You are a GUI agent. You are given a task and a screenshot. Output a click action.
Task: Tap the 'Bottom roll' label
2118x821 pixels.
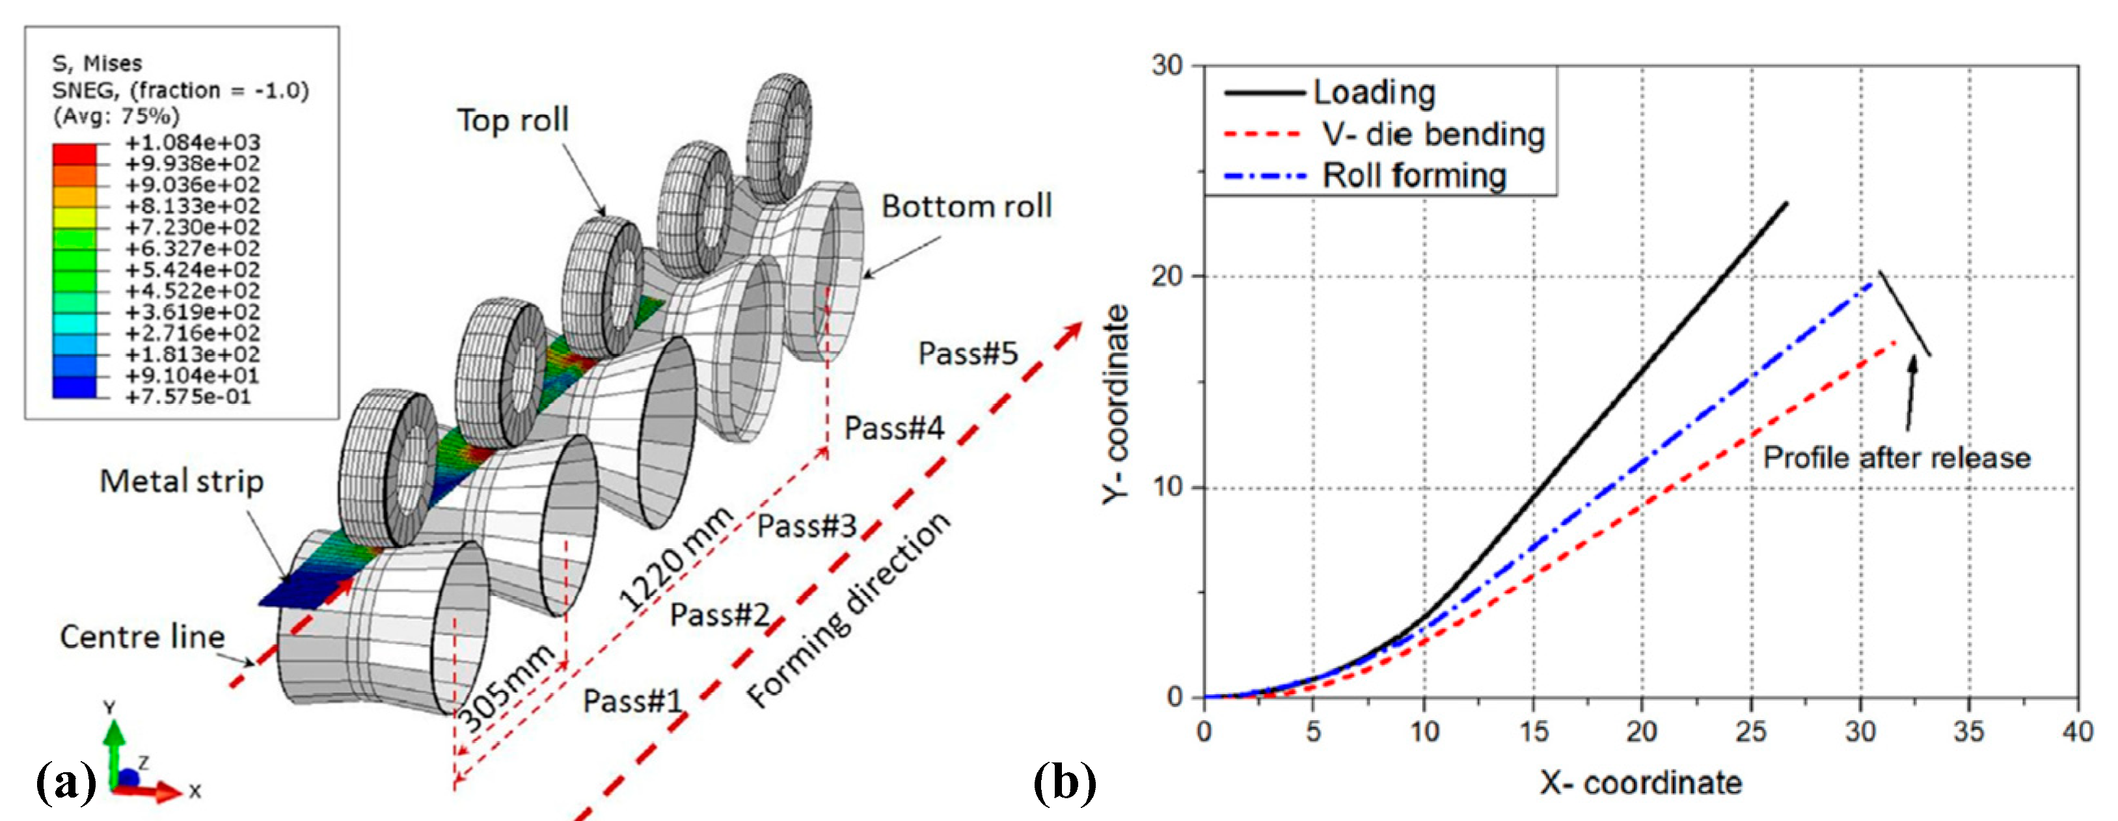(966, 206)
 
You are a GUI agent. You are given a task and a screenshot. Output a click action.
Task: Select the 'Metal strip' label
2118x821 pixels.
(182, 481)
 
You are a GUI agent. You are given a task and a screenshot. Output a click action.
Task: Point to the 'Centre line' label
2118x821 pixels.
(143, 637)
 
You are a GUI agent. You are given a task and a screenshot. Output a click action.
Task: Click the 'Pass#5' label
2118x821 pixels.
(968, 353)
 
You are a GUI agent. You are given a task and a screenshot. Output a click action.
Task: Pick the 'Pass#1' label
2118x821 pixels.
(632, 701)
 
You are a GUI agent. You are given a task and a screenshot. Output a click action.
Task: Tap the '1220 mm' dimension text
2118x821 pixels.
(674, 559)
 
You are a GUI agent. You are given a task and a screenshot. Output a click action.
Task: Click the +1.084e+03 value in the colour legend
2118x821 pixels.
(191, 142)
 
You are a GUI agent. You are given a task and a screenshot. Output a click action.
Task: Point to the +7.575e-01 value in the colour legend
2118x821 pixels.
(187, 397)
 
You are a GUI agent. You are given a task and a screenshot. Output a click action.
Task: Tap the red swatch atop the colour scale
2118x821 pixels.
(74, 153)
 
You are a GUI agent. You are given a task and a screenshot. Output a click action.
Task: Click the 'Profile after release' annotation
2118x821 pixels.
(1896, 458)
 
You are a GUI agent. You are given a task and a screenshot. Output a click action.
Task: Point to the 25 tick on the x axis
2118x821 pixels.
(1750, 731)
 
